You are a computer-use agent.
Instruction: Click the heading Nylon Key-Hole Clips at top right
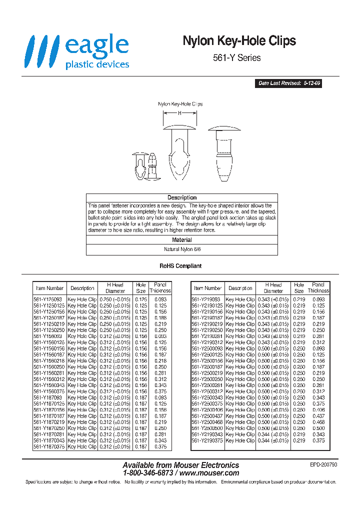[239, 41]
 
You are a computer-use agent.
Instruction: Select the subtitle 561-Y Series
[237, 58]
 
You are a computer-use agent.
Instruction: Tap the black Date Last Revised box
[289, 83]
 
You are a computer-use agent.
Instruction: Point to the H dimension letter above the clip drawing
[179, 113]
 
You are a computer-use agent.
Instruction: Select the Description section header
[181, 197]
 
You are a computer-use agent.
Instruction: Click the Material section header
[181, 240]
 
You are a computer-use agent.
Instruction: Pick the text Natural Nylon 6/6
[181, 248]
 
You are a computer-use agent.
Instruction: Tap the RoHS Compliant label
[180, 266]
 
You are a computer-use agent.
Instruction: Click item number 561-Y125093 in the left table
[49, 299]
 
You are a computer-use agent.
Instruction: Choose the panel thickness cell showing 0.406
[318, 410]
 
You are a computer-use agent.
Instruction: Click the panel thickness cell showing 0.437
[318, 416]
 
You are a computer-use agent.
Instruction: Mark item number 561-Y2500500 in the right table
[207, 428]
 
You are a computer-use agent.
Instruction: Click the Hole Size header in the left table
[141, 288]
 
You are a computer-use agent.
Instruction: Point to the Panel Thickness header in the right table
[318, 287]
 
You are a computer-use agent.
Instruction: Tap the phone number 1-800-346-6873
[147, 472]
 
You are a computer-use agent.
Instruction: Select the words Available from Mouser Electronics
[180, 465]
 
